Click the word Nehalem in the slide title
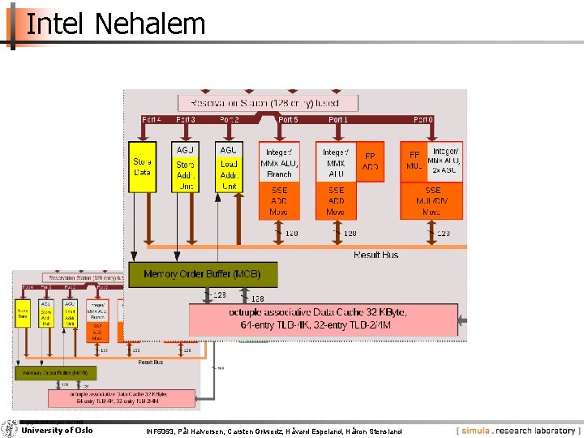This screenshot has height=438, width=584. [x=149, y=24]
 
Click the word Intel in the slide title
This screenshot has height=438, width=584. [x=54, y=24]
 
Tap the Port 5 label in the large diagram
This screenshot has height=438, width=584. [x=288, y=119]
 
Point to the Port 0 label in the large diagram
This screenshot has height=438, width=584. [x=423, y=119]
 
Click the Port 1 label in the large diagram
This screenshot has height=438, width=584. [x=338, y=119]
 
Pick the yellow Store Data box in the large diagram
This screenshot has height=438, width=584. [x=142, y=167]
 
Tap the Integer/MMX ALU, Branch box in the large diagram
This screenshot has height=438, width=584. [x=279, y=162]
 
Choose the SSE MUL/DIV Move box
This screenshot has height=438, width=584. [x=433, y=200]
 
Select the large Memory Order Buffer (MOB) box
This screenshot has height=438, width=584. [x=203, y=274]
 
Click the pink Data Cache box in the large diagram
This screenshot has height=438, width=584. [x=324, y=320]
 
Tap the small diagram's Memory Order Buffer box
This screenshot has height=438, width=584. [x=56, y=372]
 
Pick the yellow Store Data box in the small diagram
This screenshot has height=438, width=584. [x=24, y=314]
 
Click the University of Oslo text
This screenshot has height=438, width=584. [x=57, y=430]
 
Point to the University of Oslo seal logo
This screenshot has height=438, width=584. [x=10, y=429]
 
